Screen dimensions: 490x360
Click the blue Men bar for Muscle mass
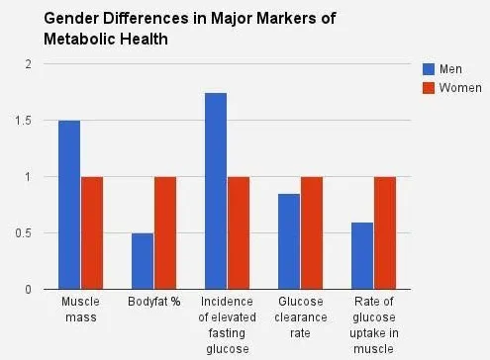click(69, 205)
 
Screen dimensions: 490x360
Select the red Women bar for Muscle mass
click(92, 233)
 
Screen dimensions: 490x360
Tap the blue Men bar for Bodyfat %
click(143, 261)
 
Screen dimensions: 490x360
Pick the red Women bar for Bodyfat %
click(165, 233)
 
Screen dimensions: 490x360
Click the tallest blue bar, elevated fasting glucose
click(216, 191)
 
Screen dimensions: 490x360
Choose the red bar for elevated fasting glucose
click(239, 233)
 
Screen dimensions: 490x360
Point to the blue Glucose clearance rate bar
click(289, 241)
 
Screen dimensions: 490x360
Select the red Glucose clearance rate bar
click(312, 233)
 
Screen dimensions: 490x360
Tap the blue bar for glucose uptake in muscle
click(362, 256)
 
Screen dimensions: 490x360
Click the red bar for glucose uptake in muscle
click(385, 233)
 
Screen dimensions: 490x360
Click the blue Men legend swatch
click(429, 69)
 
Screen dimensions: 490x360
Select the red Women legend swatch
click(429, 88)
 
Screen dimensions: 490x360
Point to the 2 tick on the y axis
click(29, 64)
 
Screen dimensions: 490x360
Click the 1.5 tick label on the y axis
click(23, 121)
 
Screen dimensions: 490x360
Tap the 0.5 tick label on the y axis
click(23, 233)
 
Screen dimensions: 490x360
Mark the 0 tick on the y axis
click(29, 290)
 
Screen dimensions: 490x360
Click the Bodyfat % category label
click(154, 302)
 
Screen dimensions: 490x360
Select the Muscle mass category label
click(81, 310)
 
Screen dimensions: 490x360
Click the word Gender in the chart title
click(71, 18)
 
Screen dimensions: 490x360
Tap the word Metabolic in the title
click(79, 39)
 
